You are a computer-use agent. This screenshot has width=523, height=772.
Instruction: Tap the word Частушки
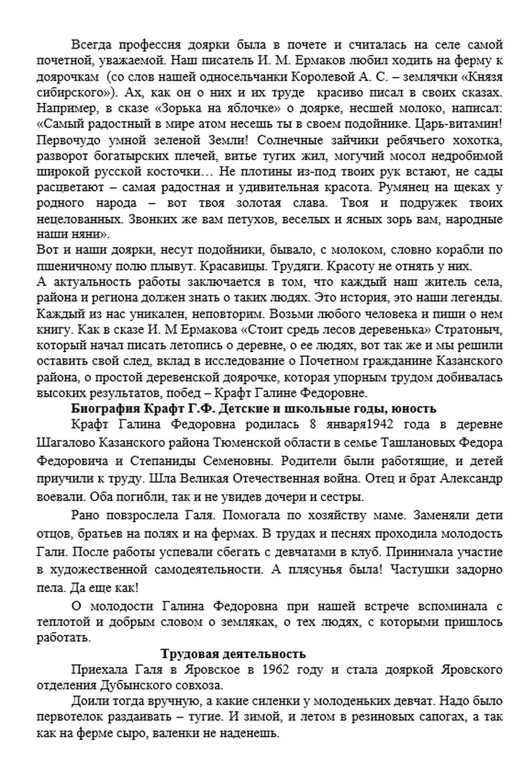[408, 569]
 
